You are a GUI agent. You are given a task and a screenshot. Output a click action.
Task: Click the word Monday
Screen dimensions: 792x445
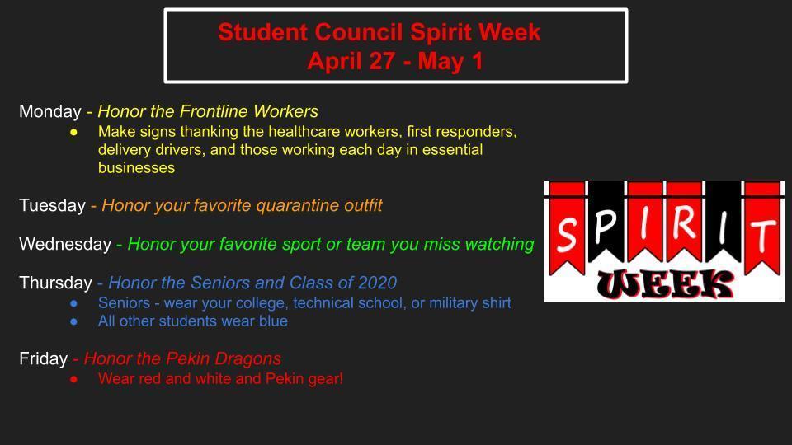(50, 111)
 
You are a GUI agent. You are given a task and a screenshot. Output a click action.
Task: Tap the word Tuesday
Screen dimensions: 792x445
(53, 205)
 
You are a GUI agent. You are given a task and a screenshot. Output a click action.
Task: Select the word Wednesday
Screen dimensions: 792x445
(65, 244)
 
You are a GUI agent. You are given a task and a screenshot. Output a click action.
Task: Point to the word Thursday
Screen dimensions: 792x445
(55, 283)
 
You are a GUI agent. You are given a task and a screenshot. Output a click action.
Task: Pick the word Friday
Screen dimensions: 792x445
(44, 358)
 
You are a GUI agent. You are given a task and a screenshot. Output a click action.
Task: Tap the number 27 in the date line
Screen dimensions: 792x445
(382, 61)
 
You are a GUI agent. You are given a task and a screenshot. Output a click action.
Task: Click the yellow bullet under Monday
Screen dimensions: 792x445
(74, 132)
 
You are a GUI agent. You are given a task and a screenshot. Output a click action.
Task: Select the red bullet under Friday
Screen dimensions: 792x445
(74, 379)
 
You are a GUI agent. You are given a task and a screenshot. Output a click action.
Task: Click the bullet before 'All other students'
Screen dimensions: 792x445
(74, 321)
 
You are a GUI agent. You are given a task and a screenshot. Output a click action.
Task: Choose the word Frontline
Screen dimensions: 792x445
(214, 111)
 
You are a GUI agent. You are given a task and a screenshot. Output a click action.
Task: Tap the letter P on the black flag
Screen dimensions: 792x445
(605, 226)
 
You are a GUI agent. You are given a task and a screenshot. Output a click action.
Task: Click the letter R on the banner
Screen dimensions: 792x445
(684, 222)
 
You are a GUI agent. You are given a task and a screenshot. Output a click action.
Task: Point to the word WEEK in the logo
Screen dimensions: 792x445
(665, 284)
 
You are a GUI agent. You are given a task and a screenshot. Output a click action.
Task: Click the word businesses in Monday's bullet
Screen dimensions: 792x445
(136, 168)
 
